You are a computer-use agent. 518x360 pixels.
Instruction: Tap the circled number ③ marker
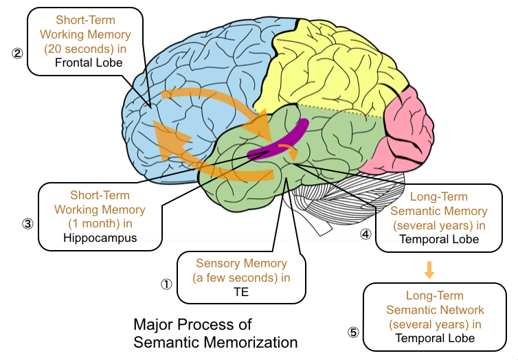coord(27,223)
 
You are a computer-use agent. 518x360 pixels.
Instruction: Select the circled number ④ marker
coord(365,234)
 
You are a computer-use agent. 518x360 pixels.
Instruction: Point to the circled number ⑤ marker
coord(353,333)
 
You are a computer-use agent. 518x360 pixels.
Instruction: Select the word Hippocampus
coord(100,238)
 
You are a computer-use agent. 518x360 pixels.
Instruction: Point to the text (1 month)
coord(100,223)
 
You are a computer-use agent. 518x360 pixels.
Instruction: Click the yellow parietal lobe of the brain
coord(330,65)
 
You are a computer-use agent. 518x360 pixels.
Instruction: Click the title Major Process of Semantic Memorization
coord(215,333)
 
